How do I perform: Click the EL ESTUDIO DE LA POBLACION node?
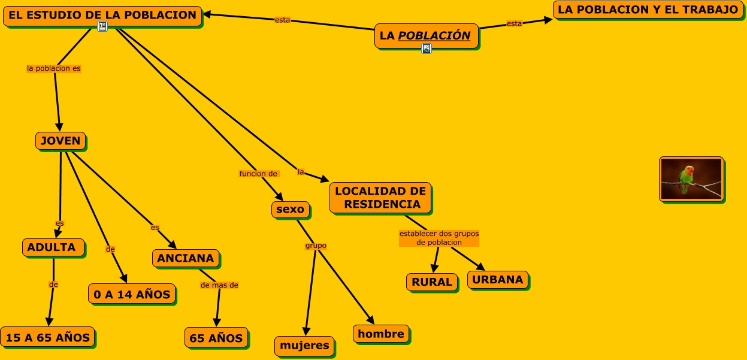102,15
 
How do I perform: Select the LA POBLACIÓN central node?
426,35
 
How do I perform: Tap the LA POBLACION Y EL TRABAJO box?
648,10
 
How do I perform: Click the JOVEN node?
61,141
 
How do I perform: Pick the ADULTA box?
52,247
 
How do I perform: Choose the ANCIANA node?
186,258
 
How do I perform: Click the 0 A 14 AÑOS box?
132,294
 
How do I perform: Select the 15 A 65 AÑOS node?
47,337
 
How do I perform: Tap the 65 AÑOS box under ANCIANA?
216,338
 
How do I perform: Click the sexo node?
291,210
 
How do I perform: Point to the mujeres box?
305,345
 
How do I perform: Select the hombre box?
381,334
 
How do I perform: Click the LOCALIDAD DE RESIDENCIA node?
380,198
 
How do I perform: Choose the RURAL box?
432,282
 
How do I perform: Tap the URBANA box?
498,279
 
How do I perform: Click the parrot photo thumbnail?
691,179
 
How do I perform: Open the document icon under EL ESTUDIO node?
102,26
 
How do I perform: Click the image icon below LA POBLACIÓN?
427,49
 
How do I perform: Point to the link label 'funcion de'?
259,174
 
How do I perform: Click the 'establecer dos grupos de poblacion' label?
439,238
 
